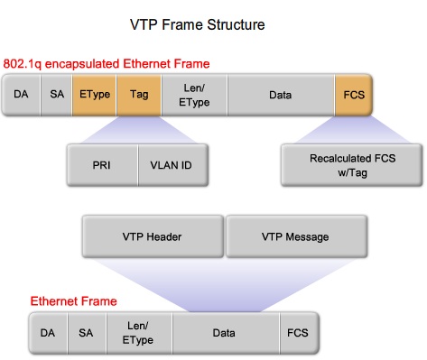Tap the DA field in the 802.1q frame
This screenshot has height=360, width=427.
point(21,93)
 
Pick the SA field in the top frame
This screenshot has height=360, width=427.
point(57,93)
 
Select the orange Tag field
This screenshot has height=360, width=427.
point(139,93)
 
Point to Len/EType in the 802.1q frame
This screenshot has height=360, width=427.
point(193,93)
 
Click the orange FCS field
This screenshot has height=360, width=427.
point(353,93)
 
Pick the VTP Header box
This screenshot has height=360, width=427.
point(153,237)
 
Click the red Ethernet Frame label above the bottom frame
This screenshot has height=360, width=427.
point(73,300)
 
